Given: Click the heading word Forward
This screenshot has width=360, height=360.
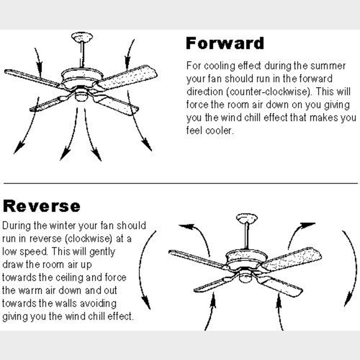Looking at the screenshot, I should coord(225,44).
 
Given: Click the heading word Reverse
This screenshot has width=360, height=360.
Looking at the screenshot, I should coord(42,206).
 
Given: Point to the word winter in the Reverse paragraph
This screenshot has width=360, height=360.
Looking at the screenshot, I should coord(63,226).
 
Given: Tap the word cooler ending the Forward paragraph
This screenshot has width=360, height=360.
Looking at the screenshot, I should coord(219,131).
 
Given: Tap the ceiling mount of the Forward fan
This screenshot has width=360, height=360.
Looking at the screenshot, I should coord(82,37).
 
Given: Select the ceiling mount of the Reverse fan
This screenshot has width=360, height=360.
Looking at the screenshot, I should coord(247,219).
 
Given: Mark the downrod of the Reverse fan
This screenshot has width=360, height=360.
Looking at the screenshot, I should coord(246,237).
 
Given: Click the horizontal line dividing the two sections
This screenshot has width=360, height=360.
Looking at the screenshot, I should coord(180,183).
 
